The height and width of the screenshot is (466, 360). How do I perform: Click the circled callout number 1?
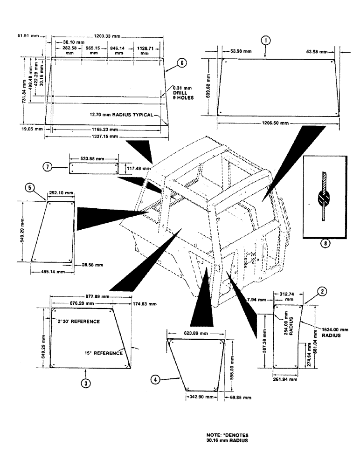click(x=265, y=41)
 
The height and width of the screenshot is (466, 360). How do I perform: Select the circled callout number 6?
click(x=182, y=63)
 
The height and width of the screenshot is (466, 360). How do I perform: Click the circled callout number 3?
click(x=85, y=383)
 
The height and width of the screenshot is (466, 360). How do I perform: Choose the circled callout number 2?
click(x=321, y=292)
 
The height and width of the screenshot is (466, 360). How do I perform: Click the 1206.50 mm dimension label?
click(x=276, y=123)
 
